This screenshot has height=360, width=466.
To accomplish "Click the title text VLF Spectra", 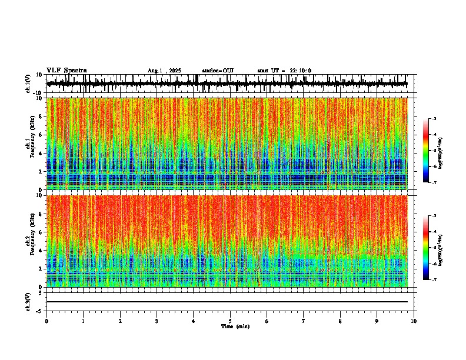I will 66,70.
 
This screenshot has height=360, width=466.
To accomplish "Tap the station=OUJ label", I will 218,71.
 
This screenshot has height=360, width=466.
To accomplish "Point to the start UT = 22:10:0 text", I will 284,71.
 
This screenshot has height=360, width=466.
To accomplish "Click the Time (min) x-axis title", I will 235,326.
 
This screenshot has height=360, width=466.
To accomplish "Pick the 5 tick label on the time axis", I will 230,321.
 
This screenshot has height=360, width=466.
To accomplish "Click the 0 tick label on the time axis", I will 46,321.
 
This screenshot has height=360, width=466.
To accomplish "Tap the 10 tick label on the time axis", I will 414,321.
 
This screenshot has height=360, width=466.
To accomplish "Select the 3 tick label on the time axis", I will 157,321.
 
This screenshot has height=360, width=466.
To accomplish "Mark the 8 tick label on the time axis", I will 340,321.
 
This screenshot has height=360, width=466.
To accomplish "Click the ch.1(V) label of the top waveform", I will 28,84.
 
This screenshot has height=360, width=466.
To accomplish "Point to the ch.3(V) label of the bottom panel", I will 28,301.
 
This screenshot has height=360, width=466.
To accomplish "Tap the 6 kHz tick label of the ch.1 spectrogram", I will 41,135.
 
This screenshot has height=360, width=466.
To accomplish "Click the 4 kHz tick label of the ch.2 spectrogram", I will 41,251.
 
